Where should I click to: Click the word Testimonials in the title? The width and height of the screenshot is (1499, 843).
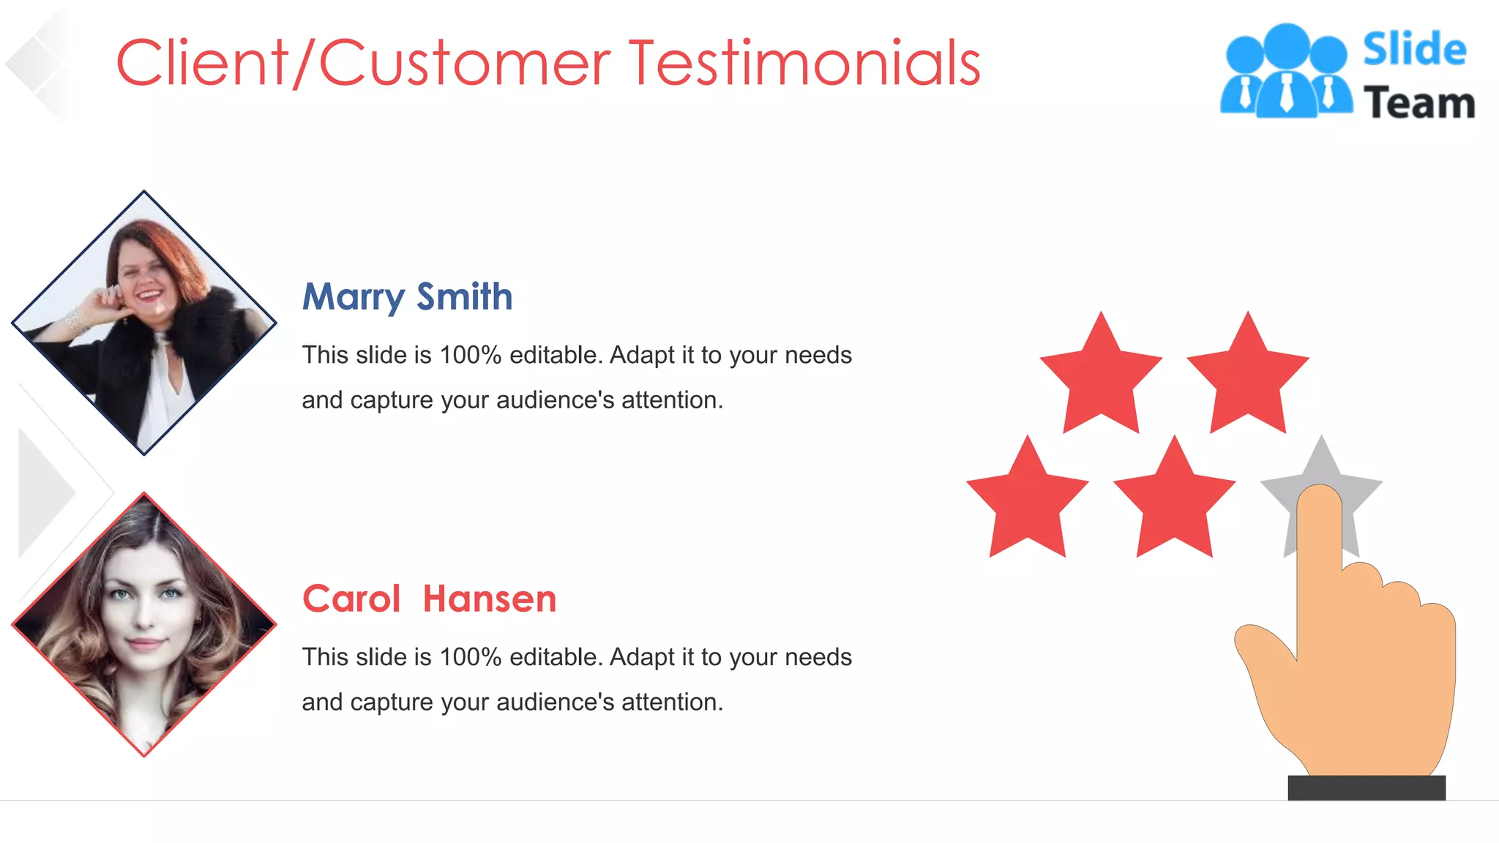(804, 64)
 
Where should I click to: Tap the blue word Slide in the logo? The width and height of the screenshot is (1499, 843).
(1414, 50)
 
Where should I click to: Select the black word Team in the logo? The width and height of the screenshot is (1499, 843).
(1419, 103)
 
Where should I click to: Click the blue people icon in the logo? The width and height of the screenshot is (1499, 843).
(1286, 71)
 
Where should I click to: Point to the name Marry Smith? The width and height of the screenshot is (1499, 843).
(407, 296)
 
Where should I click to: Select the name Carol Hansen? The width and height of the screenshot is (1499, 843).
(429, 599)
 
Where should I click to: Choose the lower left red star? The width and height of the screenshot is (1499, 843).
(1028, 501)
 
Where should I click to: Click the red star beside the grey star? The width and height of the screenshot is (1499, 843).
(1174, 501)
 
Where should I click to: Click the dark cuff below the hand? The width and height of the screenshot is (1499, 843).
(1367, 787)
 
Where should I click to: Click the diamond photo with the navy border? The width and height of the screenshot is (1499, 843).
(144, 323)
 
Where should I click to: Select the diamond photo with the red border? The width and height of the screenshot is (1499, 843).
(144, 624)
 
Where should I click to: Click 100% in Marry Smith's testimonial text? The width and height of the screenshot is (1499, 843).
(470, 355)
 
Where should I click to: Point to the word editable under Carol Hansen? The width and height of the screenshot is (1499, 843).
(556, 657)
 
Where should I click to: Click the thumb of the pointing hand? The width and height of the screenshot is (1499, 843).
(1263, 644)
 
